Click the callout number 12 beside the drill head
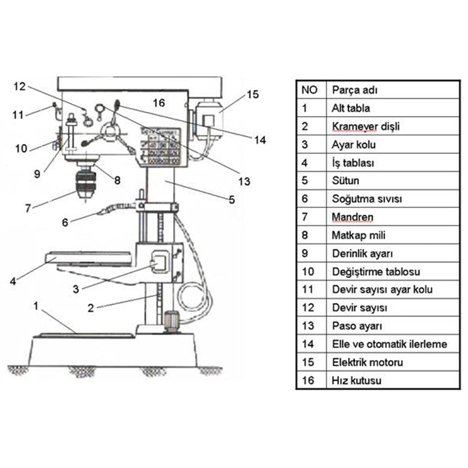[x=19, y=87]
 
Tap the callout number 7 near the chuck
[x=28, y=208]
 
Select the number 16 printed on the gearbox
[x=159, y=103]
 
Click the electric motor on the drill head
[x=208, y=120]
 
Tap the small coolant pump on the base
[x=171, y=321]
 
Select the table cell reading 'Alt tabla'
[x=351, y=108]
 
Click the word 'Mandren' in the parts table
[x=352, y=217]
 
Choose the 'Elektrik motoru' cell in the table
[x=367, y=362]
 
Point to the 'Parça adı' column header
[x=354, y=90]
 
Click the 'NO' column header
[x=309, y=90]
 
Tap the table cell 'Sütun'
[x=345, y=181]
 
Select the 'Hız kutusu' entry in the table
[x=356, y=380]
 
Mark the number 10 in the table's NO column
[x=308, y=272]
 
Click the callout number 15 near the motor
[x=253, y=94]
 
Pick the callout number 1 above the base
[x=36, y=306]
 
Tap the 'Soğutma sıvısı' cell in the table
[x=367, y=199]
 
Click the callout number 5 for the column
[x=232, y=200]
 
